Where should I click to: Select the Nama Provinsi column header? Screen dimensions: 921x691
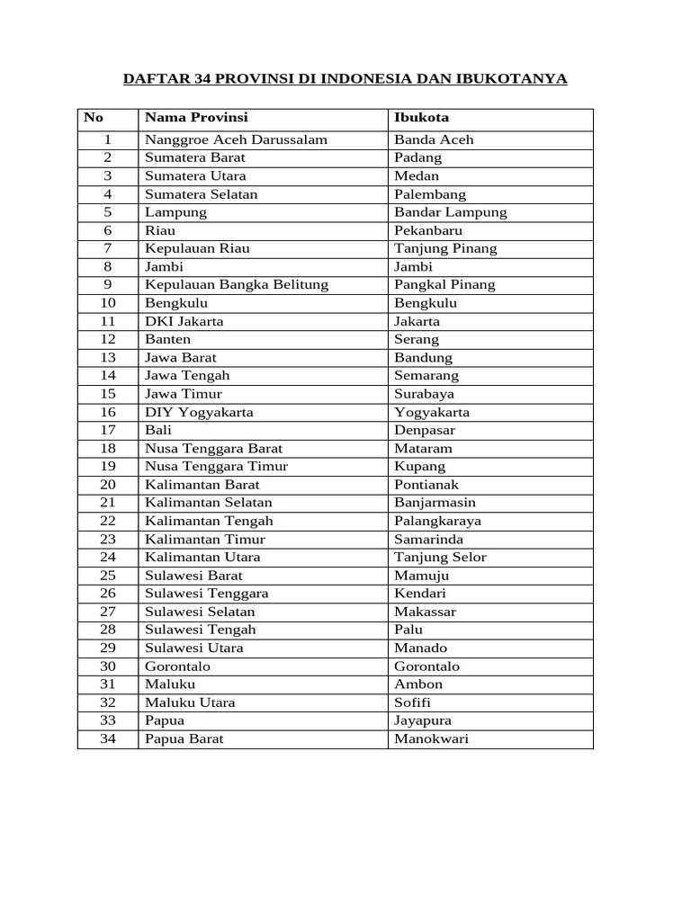point(196,118)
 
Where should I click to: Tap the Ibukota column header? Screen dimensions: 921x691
point(422,118)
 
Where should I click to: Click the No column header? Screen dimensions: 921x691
point(94,118)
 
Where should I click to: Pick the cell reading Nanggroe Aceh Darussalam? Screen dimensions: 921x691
point(237,139)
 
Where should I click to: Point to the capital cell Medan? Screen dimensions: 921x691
point(417,175)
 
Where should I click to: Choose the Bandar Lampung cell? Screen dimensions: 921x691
point(451,212)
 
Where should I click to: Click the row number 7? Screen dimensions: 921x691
point(108,248)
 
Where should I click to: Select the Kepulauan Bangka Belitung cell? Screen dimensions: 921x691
point(237,284)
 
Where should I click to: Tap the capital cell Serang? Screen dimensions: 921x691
point(417,339)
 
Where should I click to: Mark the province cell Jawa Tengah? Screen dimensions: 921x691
point(188,375)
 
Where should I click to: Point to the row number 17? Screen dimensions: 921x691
point(108,430)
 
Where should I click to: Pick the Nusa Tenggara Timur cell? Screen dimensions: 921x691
point(217,466)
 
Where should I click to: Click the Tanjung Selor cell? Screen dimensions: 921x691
point(440,557)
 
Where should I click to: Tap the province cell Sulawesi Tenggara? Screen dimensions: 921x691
point(207,594)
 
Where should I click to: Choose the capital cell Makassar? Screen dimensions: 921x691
point(425,612)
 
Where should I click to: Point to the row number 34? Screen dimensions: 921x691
point(108,738)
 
